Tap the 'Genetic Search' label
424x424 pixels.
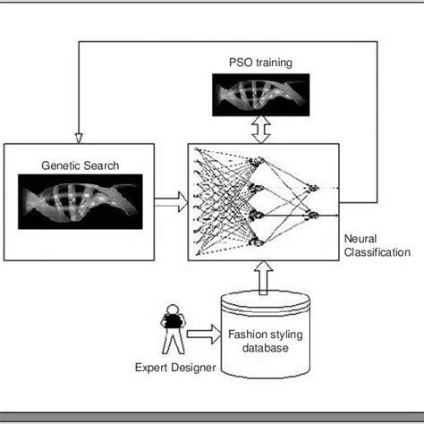pos(80,165)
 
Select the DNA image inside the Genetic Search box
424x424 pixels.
pos(80,198)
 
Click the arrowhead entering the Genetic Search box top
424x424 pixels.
pos(80,138)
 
